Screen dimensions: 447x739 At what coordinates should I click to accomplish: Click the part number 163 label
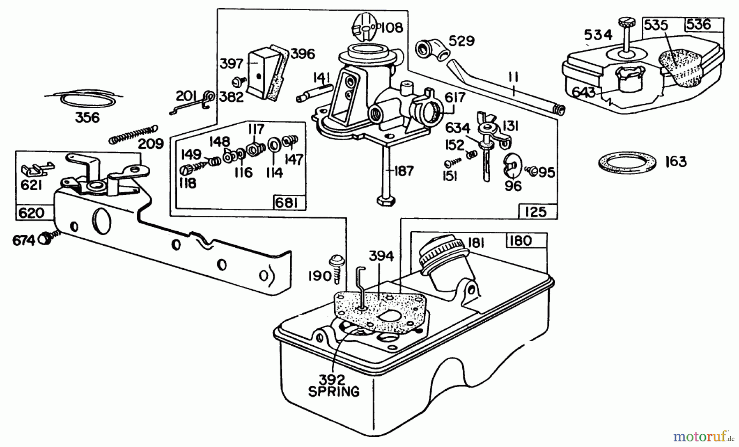676,162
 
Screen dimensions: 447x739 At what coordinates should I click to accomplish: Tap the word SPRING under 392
333,392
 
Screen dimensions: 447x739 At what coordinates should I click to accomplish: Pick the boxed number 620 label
32,213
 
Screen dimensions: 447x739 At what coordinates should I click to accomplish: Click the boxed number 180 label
521,240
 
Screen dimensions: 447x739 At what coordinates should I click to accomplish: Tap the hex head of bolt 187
386,201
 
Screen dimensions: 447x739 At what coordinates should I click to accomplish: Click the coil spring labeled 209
133,135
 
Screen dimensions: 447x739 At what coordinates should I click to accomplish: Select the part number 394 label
381,256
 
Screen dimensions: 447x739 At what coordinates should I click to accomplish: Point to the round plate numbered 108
365,27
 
